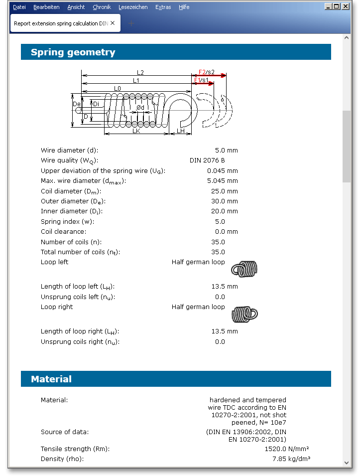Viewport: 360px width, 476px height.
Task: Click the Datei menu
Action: (19, 7)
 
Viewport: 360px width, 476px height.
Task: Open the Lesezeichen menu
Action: (133, 7)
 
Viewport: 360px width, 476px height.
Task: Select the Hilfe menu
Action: (184, 7)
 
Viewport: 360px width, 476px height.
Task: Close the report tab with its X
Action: (113, 23)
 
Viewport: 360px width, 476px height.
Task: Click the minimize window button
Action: (328, 6)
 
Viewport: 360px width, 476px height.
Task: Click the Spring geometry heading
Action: (73, 52)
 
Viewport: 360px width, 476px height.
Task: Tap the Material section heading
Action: (51, 379)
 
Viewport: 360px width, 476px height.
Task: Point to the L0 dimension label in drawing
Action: (117, 88)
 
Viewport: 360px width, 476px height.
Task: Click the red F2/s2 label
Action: (206, 72)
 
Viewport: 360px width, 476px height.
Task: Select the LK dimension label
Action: (136, 131)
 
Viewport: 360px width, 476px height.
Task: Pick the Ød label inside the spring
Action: (140, 108)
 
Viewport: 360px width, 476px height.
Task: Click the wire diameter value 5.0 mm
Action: (226, 150)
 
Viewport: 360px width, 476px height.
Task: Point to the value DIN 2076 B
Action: (207, 160)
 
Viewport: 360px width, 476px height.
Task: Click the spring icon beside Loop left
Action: (244, 269)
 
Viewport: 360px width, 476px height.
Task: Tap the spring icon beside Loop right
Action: (244, 314)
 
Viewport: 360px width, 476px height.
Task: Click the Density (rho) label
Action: (62, 459)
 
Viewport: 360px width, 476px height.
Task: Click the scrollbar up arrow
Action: (347, 38)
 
